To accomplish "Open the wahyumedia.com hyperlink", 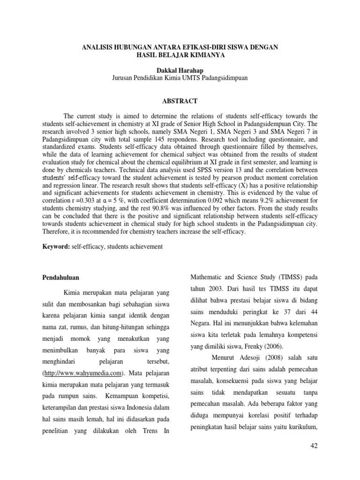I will pos(84,374).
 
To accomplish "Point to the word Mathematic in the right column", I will pos(208,276).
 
